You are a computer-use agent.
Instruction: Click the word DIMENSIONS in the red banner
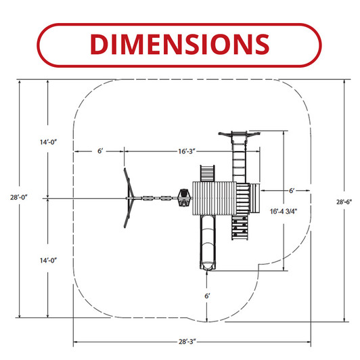click(x=179, y=44)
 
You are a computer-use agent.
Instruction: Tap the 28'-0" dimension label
click(x=18, y=197)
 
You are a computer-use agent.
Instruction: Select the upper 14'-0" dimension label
click(x=48, y=142)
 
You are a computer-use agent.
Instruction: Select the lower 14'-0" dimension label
click(x=48, y=261)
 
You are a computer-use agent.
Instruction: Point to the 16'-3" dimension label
click(x=187, y=152)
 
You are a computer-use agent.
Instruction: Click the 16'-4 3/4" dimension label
click(x=284, y=211)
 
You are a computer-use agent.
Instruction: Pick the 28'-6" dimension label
click(x=344, y=202)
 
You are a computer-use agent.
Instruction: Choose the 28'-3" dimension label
click(x=187, y=342)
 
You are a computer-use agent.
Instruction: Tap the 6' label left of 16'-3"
click(x=100, y=151)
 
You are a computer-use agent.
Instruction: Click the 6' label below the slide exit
click(x=207, y=296)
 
